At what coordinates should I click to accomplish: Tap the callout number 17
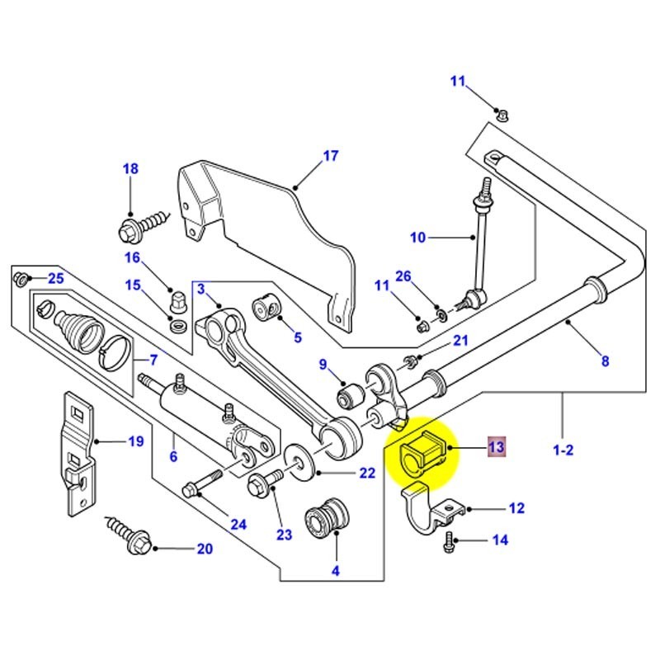[x=330, y=155]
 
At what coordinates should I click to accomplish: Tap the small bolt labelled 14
[x=450, y=542]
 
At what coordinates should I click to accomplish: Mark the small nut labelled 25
[x=21, y=277]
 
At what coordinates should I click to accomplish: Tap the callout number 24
[x=238, y=523]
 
